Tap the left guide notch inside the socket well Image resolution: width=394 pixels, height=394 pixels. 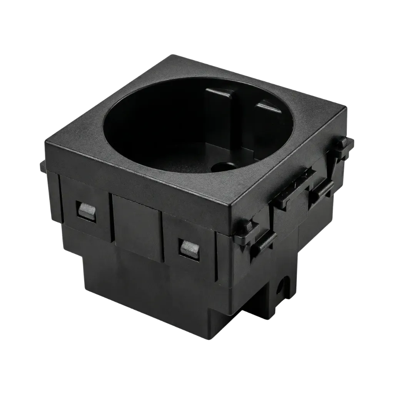219,93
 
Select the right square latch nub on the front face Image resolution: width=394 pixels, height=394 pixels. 189,247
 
